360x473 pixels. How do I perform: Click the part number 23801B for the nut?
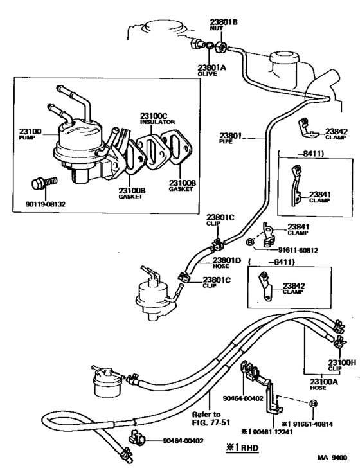click(x=223, y=22)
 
